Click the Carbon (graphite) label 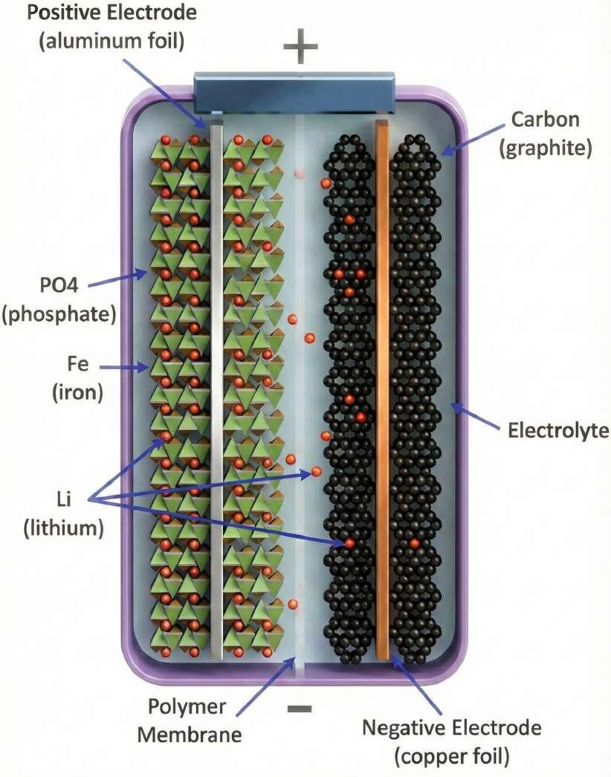(x=545, y=134)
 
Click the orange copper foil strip (x=383, y=386)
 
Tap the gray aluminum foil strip (x=216, y=386)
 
